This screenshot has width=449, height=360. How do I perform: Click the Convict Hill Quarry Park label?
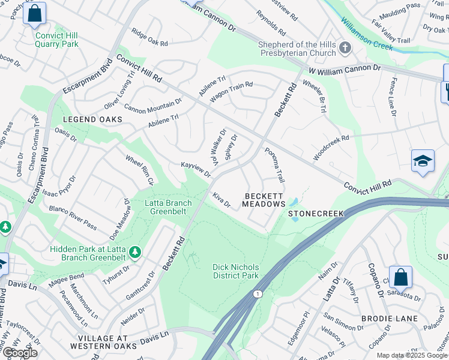pos(57,40)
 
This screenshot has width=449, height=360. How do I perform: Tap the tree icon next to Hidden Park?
pos(136,253)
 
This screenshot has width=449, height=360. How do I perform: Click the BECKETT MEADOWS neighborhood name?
pos(264,200)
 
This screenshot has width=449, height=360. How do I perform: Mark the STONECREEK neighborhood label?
pos(316,213)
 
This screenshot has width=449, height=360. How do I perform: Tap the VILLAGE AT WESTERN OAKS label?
pos(99,341)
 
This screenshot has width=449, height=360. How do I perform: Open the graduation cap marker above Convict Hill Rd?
pos(423,161)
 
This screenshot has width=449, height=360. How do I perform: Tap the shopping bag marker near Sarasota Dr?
pos(400,277)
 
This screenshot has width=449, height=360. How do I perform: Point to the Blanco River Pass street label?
pos(74,218)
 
